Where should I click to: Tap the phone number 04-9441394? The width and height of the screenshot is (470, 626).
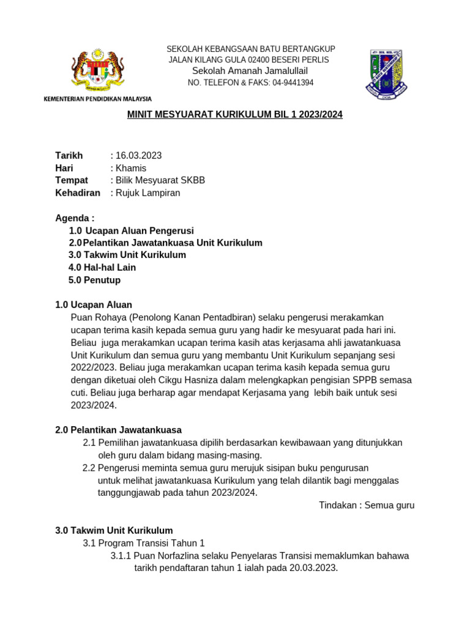[x=293, y=83]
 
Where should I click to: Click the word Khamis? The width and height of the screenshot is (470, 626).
[x=130, y=168]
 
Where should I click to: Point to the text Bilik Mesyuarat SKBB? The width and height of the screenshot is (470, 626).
[x=160, y=180]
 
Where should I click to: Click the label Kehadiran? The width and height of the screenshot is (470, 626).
[x=78, y=193]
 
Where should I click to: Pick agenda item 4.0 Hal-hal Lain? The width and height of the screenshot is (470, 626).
[x=102, y=268]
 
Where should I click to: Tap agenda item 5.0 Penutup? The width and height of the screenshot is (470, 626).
[x=95, y=280]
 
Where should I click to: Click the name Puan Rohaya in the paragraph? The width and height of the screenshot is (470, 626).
[x=97, y=317]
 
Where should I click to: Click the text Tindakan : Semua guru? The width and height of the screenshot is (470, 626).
[x=367, y=505]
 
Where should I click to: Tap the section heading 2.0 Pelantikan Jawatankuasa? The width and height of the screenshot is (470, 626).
[x=118, y=430]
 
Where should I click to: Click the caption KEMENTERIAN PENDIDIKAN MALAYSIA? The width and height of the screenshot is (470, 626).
[x=97, y=98]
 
